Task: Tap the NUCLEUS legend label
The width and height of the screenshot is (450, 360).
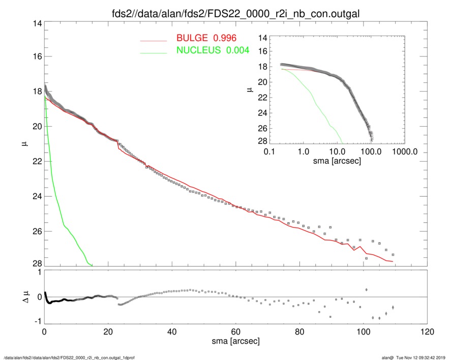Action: pyautogui.click(x=199, y=50)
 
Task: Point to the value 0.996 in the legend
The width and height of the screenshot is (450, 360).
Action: pyautogui.click(x=226, y=38)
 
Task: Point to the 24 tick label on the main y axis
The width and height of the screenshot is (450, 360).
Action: pyautogui.click(x=36, y=197)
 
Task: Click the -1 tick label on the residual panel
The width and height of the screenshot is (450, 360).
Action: pyautogui.click(x=36, y=322)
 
